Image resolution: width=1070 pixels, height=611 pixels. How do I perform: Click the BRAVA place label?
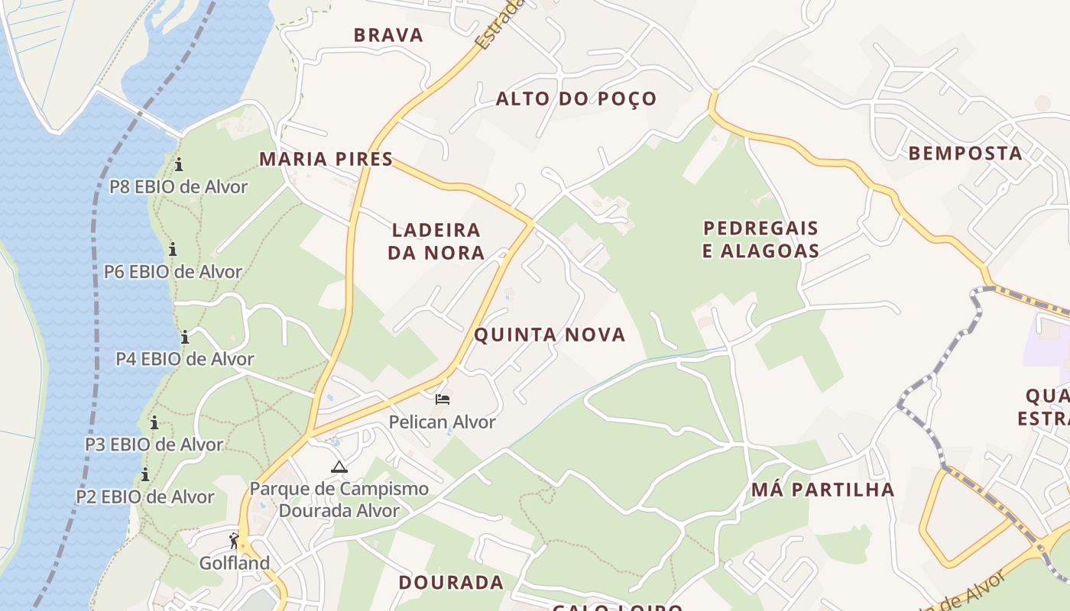(388, 35)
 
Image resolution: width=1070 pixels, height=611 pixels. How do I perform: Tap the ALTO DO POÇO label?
(576, 99)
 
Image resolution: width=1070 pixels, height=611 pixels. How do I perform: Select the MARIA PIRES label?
(326, 159)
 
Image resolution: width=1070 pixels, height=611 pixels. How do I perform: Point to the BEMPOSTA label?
(965, 153)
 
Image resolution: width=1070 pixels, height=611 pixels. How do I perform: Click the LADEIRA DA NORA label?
(436, 241)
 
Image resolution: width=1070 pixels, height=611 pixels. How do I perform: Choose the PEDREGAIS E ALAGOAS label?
(760, 239)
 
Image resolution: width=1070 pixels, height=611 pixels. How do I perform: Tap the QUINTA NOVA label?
(550, 335)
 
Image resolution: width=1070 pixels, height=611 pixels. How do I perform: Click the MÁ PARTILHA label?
(822, 490)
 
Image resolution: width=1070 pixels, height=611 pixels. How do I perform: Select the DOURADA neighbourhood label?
(451, 582)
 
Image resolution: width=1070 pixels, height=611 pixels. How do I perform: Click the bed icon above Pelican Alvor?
(443, 399)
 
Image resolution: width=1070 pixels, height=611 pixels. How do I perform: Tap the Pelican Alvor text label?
(443, 422)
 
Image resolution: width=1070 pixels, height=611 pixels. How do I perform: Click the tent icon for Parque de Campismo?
(339, 467)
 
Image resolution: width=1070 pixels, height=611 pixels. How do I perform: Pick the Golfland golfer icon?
(235, 541)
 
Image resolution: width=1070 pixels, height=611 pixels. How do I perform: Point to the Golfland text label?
(235, 563)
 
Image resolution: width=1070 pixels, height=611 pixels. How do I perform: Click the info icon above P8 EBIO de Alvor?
(179, 164)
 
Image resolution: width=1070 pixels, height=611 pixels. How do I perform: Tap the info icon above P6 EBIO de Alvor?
(173, 249)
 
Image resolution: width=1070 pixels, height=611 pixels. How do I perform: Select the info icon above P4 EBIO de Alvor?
(185, 337)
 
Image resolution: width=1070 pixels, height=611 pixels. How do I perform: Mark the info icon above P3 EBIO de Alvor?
(154, 422)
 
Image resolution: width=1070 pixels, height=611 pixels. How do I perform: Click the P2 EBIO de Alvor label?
(145, 496)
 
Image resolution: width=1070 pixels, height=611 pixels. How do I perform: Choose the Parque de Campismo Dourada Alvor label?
(339, 499)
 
